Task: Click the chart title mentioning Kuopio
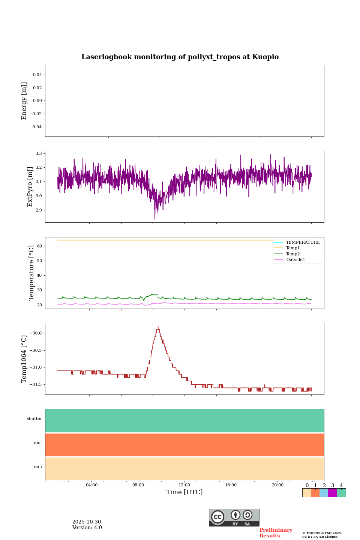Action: coord(180,57)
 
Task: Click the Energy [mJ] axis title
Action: coord(24,101)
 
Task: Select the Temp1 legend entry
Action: coord(293,248)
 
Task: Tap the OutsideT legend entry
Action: coord(295,259)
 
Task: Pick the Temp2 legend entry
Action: coord(293,254)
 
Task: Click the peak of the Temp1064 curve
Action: coord(158,327)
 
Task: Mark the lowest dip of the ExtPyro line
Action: coord(155,219)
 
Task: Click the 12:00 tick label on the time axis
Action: coord(184,485)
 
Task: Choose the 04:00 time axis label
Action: coord(91,485)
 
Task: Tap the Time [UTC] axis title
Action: coord(184,492)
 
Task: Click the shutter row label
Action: coord(34,419)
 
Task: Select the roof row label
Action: coord(38,443)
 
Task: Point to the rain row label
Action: coord(38,467)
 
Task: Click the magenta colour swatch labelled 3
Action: coord(332,493)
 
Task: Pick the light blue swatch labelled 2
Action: coord(324,493)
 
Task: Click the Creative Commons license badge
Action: coord(234,517)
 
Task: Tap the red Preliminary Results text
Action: coord(276,533)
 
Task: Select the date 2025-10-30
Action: coord(87,522)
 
